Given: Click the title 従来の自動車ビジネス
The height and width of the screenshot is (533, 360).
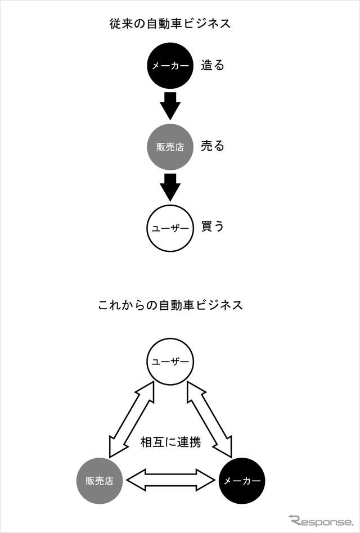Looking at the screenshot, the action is pos(170,24).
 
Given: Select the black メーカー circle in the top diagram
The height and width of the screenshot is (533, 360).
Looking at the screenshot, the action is pos(170,66).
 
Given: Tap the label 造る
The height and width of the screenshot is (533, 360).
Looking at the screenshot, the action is pos(213,65).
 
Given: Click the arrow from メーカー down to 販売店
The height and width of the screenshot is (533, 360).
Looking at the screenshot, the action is pos(170,106).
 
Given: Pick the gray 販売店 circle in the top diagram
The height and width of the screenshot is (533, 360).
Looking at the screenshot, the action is pos(170,147).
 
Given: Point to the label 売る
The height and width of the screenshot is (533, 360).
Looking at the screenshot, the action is pos(213,146).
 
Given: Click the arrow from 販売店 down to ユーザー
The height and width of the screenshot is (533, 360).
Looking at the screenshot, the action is pos(170,187).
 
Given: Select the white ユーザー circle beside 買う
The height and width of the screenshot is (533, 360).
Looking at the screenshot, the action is pos(170,228).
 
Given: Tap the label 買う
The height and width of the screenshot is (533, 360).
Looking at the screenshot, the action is pos(213,227).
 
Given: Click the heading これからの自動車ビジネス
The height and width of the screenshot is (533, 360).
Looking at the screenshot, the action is pos(170,305).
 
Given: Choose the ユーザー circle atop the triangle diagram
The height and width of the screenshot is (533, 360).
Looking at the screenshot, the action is pos(170,362).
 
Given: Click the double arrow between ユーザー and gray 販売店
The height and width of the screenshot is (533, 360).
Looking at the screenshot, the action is pos(132,419).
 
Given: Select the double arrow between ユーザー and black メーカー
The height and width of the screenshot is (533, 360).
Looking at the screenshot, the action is pos(209,419).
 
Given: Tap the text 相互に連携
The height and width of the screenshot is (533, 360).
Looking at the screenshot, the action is pos(170,442).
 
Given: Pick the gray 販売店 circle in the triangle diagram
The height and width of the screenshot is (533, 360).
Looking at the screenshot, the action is pos(99,481).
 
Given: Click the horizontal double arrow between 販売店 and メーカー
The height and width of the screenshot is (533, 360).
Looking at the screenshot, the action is pos(170,480).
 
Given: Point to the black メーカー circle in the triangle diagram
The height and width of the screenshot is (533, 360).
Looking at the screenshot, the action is pos(242,481).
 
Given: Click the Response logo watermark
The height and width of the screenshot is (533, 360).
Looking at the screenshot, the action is pos(321,521).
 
